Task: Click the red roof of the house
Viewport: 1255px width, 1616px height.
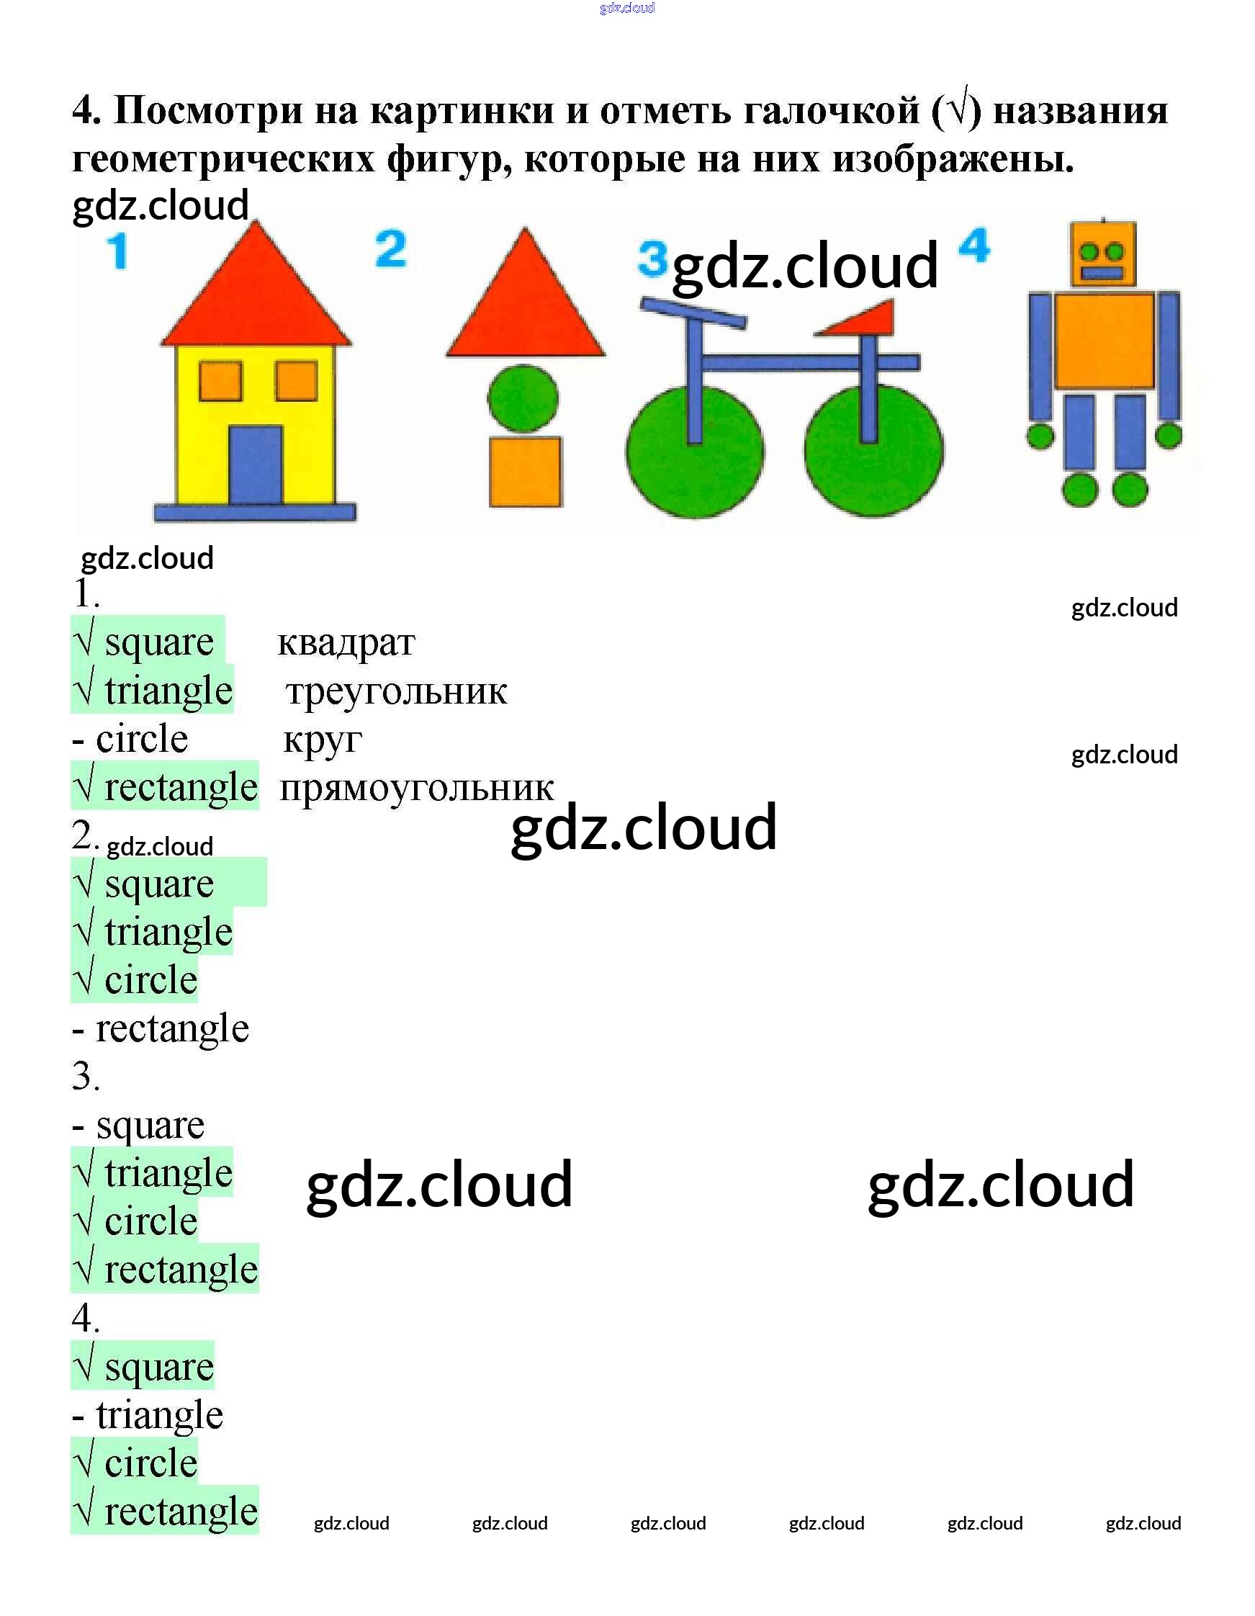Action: coord(256,296)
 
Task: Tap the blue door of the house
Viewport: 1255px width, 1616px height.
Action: coord(256,464)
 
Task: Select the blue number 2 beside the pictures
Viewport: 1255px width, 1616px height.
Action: coord(391,249)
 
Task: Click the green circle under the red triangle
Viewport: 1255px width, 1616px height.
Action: coord(523,398)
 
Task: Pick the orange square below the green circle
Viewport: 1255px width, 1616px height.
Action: coord(526,472)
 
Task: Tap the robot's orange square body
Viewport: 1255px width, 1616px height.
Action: coord(1103,341)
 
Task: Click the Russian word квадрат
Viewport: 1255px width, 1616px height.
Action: coord(346,642)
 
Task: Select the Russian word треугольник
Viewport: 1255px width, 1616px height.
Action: coord(396,692)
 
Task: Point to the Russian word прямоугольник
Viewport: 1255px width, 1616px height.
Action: coord(416,788)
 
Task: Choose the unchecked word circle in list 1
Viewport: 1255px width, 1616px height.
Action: coord(141,739)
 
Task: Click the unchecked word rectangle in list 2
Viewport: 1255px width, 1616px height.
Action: coord(171,1028)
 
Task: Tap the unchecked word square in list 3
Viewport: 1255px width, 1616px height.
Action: coord(150,1126)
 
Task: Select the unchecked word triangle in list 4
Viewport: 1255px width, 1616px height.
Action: coord(159,1415)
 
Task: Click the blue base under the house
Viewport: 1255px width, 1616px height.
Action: coord(255,511)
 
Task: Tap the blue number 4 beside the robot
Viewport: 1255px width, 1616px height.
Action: coord(973,246)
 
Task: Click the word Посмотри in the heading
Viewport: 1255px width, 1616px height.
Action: coord(208,111)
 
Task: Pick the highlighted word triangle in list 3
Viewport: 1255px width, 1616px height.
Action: coord(168,1173)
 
